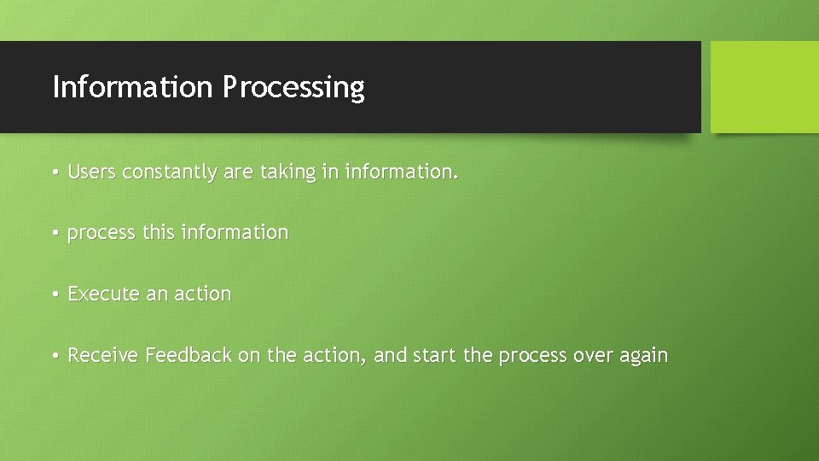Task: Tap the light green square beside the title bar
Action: pyautogui.click(x=764, y=87)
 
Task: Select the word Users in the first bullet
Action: pyautogui.click(x=92, y=172)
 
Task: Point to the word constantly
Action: pyautogui.click(x=170, y=172)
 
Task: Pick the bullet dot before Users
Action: pyautogui.click(x=54, y=172)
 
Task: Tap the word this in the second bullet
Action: pyautogui.click(x=158, y=232)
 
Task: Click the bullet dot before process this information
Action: pyautogui.click(x=54, y=233)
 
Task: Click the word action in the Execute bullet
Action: pyautogui.click(x=203, y=294)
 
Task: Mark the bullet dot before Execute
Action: pyautogui.click(x=54, y=295)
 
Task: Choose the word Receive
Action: pyautogui.click(x=103, y=355)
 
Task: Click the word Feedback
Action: pyautogui.click(x=189, y=355)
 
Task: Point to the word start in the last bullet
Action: pyautogui.click(x=435, y=355)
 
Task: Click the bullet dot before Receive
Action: pyautogui.click(x=54, y=356)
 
